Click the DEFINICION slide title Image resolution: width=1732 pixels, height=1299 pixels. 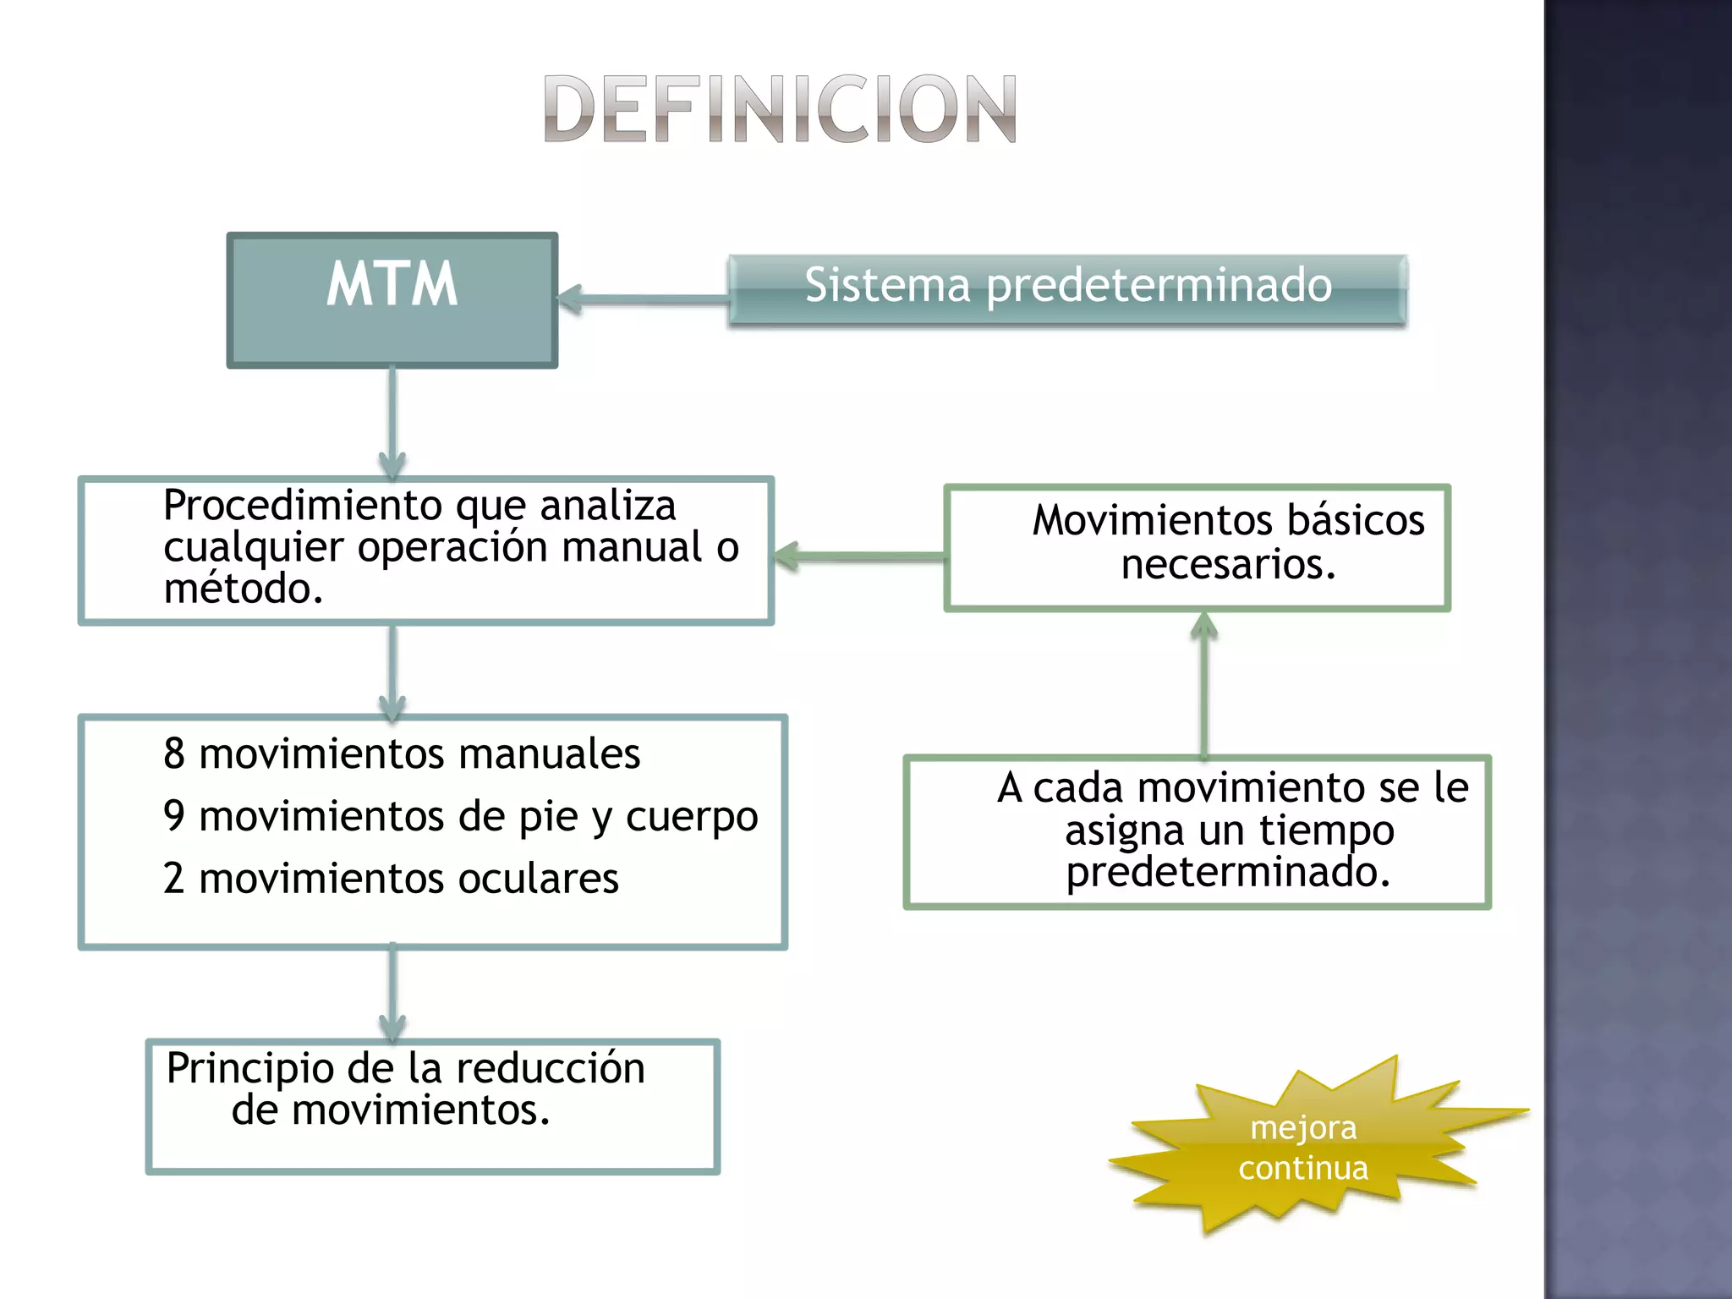pos(779,109)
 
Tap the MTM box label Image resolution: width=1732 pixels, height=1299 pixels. pos(392,284)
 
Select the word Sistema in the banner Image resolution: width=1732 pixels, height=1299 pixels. pos(887,285)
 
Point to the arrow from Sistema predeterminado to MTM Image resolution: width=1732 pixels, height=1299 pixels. pos(643,299)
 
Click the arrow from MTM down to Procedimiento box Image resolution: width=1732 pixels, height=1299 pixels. pos(392,423)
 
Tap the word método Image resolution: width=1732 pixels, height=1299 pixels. pos(244,589)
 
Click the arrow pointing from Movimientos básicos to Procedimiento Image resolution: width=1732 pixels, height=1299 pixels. pos(858,556)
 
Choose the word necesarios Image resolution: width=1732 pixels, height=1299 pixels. pos(1228,564)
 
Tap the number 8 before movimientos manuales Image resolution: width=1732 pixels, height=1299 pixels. pos(174,754)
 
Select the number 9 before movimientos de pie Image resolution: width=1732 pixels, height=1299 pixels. pos(174,816)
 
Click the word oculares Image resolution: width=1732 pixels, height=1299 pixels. pos(538,879)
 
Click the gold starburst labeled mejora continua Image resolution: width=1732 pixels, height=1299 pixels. pos(1303,1148)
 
